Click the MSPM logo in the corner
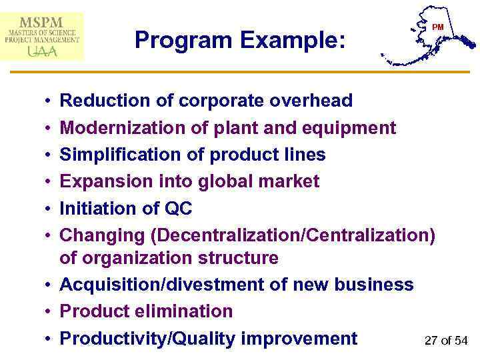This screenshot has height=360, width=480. [x=43, y=36]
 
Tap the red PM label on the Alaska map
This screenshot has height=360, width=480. [x=437, y=27]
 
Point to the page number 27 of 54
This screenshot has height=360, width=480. [x=446, y=341]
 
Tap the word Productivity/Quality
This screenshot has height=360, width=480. [x=147, y=339]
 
